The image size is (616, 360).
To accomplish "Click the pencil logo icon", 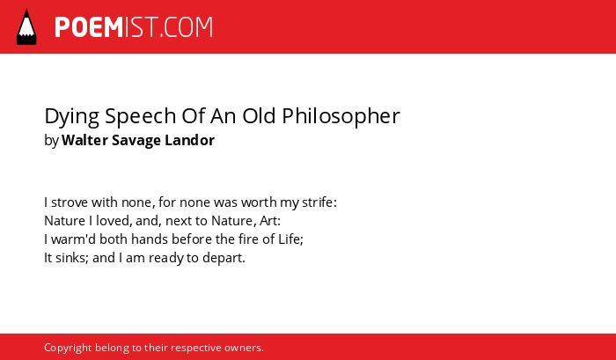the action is point(26,27).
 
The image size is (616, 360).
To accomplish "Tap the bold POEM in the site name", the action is point(89,27).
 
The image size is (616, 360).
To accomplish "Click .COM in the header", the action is point(187,27).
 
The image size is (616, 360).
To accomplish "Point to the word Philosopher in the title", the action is point(341,116).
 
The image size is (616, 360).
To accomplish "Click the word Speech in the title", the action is point(140,117).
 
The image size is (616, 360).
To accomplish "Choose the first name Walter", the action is point(84,140).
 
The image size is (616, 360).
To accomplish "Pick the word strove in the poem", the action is point(70,202).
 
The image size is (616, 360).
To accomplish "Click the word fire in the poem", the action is point(249,239).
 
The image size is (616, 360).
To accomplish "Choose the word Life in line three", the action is point(290,239).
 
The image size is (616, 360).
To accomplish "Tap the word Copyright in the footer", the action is point(68,349).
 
